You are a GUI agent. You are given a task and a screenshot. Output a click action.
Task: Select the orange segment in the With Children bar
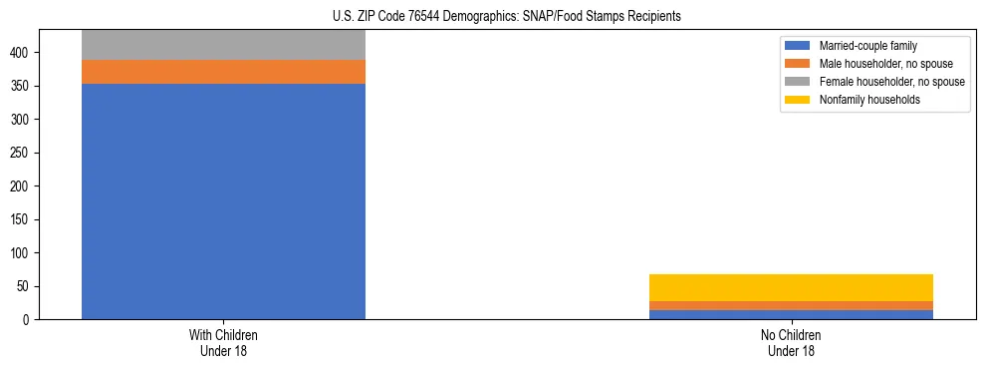[x=223, y=72]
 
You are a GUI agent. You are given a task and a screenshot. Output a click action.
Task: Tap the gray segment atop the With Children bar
[x=223, y=45]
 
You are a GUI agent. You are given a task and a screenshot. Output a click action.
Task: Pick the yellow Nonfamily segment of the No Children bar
[x=791, y=287]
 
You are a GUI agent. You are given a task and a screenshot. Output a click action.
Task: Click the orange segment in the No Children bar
[x=791, y=305]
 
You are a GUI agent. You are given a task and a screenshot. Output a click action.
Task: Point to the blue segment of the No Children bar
[x=791, y=314]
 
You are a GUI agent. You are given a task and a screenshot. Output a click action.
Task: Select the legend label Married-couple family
[x=868, y=46]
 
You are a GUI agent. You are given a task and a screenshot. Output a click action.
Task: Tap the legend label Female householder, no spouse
[x=891, y=82]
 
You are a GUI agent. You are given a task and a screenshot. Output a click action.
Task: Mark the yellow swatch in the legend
[x=798, y=100]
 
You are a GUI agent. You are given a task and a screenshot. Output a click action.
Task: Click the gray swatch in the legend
[x=798, y=82]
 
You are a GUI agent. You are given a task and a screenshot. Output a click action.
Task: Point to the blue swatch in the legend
[x=798, y=46]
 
